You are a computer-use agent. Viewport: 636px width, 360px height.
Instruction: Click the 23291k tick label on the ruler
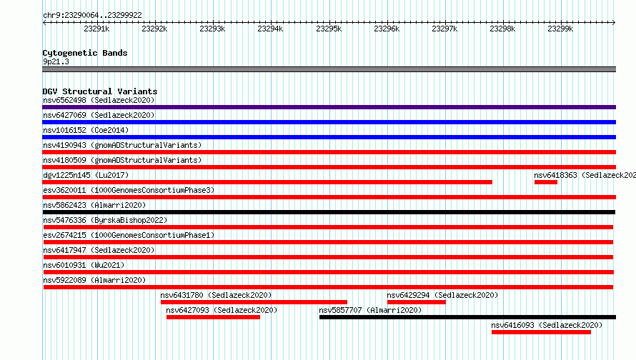coord(96,29)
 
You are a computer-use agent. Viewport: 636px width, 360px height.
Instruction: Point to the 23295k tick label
coord(329,29)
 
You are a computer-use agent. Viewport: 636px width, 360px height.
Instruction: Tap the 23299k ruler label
coord(560,29)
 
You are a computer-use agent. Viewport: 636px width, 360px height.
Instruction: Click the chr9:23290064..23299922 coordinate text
coord(92,16)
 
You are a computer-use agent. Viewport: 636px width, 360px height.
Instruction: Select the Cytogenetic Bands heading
coord(85,53)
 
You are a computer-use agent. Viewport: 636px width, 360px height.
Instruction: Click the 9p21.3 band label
coord(56,62)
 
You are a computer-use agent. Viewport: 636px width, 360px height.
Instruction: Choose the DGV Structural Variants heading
coord(100,91)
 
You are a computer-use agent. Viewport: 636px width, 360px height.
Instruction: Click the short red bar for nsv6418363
coord(545,182)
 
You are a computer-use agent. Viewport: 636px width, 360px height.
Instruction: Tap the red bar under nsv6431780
coord(254,302)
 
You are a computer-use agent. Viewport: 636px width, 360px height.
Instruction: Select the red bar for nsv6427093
coord(213,317)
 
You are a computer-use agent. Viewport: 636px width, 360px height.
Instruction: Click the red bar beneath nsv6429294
coord(416,302)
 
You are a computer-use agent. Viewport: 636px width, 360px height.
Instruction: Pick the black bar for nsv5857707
coord(467,317)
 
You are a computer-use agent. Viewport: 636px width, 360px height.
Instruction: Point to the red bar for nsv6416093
coord(541,332)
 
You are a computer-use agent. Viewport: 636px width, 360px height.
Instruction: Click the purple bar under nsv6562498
coord(329,107)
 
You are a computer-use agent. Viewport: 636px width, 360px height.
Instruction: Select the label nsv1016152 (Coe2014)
coord(86,130)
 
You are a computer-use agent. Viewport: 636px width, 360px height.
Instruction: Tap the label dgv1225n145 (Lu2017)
coord(86,175)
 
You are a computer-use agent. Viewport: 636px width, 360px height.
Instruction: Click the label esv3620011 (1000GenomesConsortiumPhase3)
coord(129,190)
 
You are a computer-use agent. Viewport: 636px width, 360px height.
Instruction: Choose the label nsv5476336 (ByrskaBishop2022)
coord(105,220)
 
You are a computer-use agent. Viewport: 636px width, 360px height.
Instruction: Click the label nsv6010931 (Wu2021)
coord(84,265)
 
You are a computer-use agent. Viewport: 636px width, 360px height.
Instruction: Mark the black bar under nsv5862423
coord(329,212)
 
